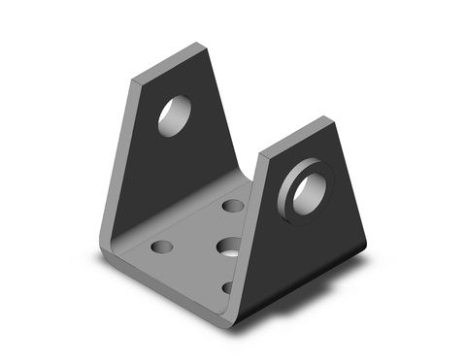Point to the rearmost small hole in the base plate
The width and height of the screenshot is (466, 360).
pyautogui.click(x=233, y=206)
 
